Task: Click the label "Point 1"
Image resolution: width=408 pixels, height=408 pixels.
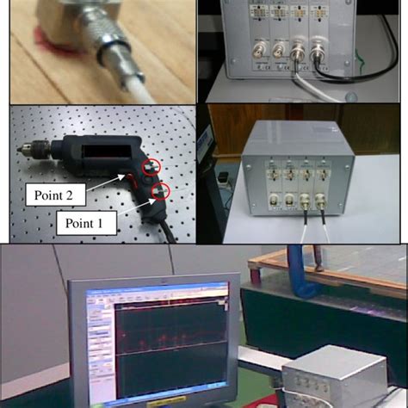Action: [90, 225]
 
